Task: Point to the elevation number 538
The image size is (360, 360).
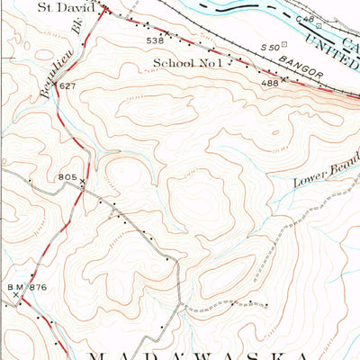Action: [x=155, y=40]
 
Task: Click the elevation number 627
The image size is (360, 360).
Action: [x=66, y=85]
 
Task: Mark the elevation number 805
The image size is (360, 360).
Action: [x=67, y=177]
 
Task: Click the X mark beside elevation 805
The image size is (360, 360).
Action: [x=83, y=181]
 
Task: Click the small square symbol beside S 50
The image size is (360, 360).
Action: [x=284, y=43]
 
